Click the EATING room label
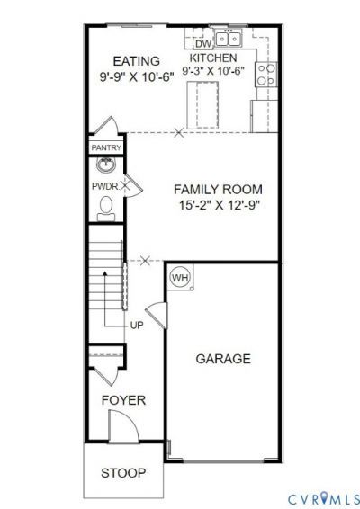point(136,61)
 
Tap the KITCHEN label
point(213,58)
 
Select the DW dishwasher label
point(203,43)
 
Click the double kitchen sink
point(229,40)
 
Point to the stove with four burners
point(266,75)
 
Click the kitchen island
point(202,105)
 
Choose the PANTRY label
point(106,148)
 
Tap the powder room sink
point(105,165)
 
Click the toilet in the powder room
point(106,209)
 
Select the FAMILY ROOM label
point(218,190)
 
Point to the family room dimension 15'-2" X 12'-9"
point(220,205)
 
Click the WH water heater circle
point(180,278)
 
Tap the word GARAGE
point(223,359)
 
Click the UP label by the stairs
point(137,326)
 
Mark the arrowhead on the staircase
point(105,273)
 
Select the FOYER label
point(123,400)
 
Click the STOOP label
point(123,473)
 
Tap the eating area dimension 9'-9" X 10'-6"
point(137,77)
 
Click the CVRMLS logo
point(324,498)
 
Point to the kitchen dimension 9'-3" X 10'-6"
point(213,70)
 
